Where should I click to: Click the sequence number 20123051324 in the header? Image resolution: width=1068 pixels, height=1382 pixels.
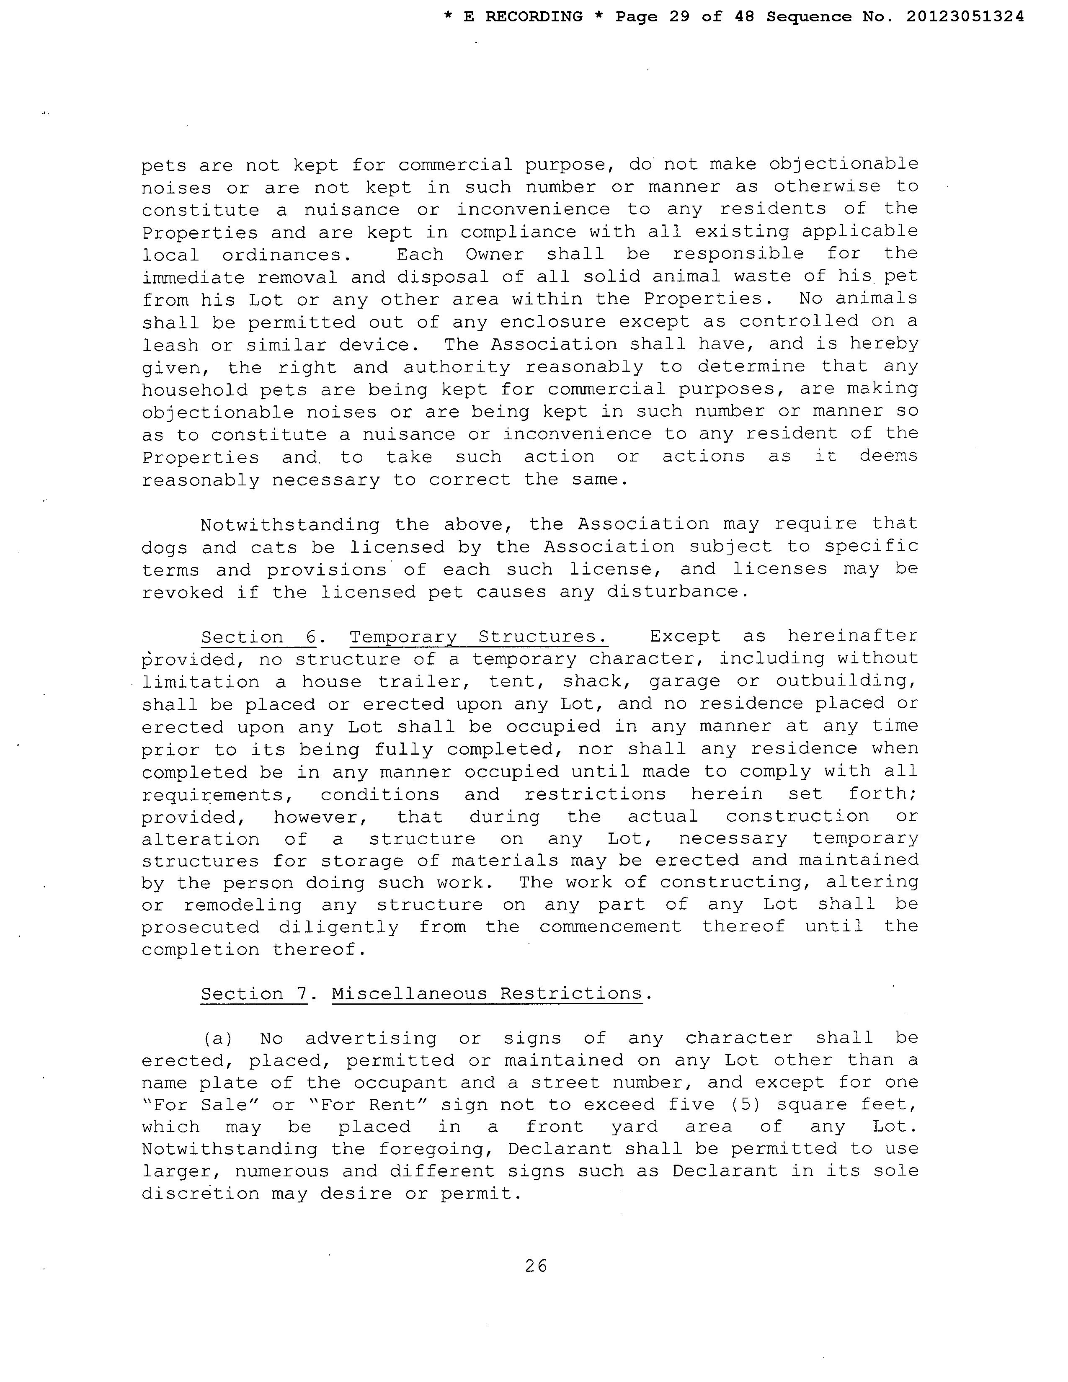click(x=965, y=17)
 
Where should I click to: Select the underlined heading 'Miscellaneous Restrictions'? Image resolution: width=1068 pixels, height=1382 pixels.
click(x=487, y=993)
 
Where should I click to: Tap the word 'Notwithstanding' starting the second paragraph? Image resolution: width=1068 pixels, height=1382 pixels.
click(x=290, y=525)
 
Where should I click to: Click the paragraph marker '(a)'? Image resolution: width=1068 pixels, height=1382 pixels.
click(x=218, y=1039)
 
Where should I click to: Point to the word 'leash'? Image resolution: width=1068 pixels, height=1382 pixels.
click(x=170, y=345)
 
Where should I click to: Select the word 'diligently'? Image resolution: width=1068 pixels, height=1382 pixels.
click(x=338, y=927)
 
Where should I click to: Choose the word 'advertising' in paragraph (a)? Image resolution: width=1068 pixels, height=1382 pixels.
click(x=371, y=1039)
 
